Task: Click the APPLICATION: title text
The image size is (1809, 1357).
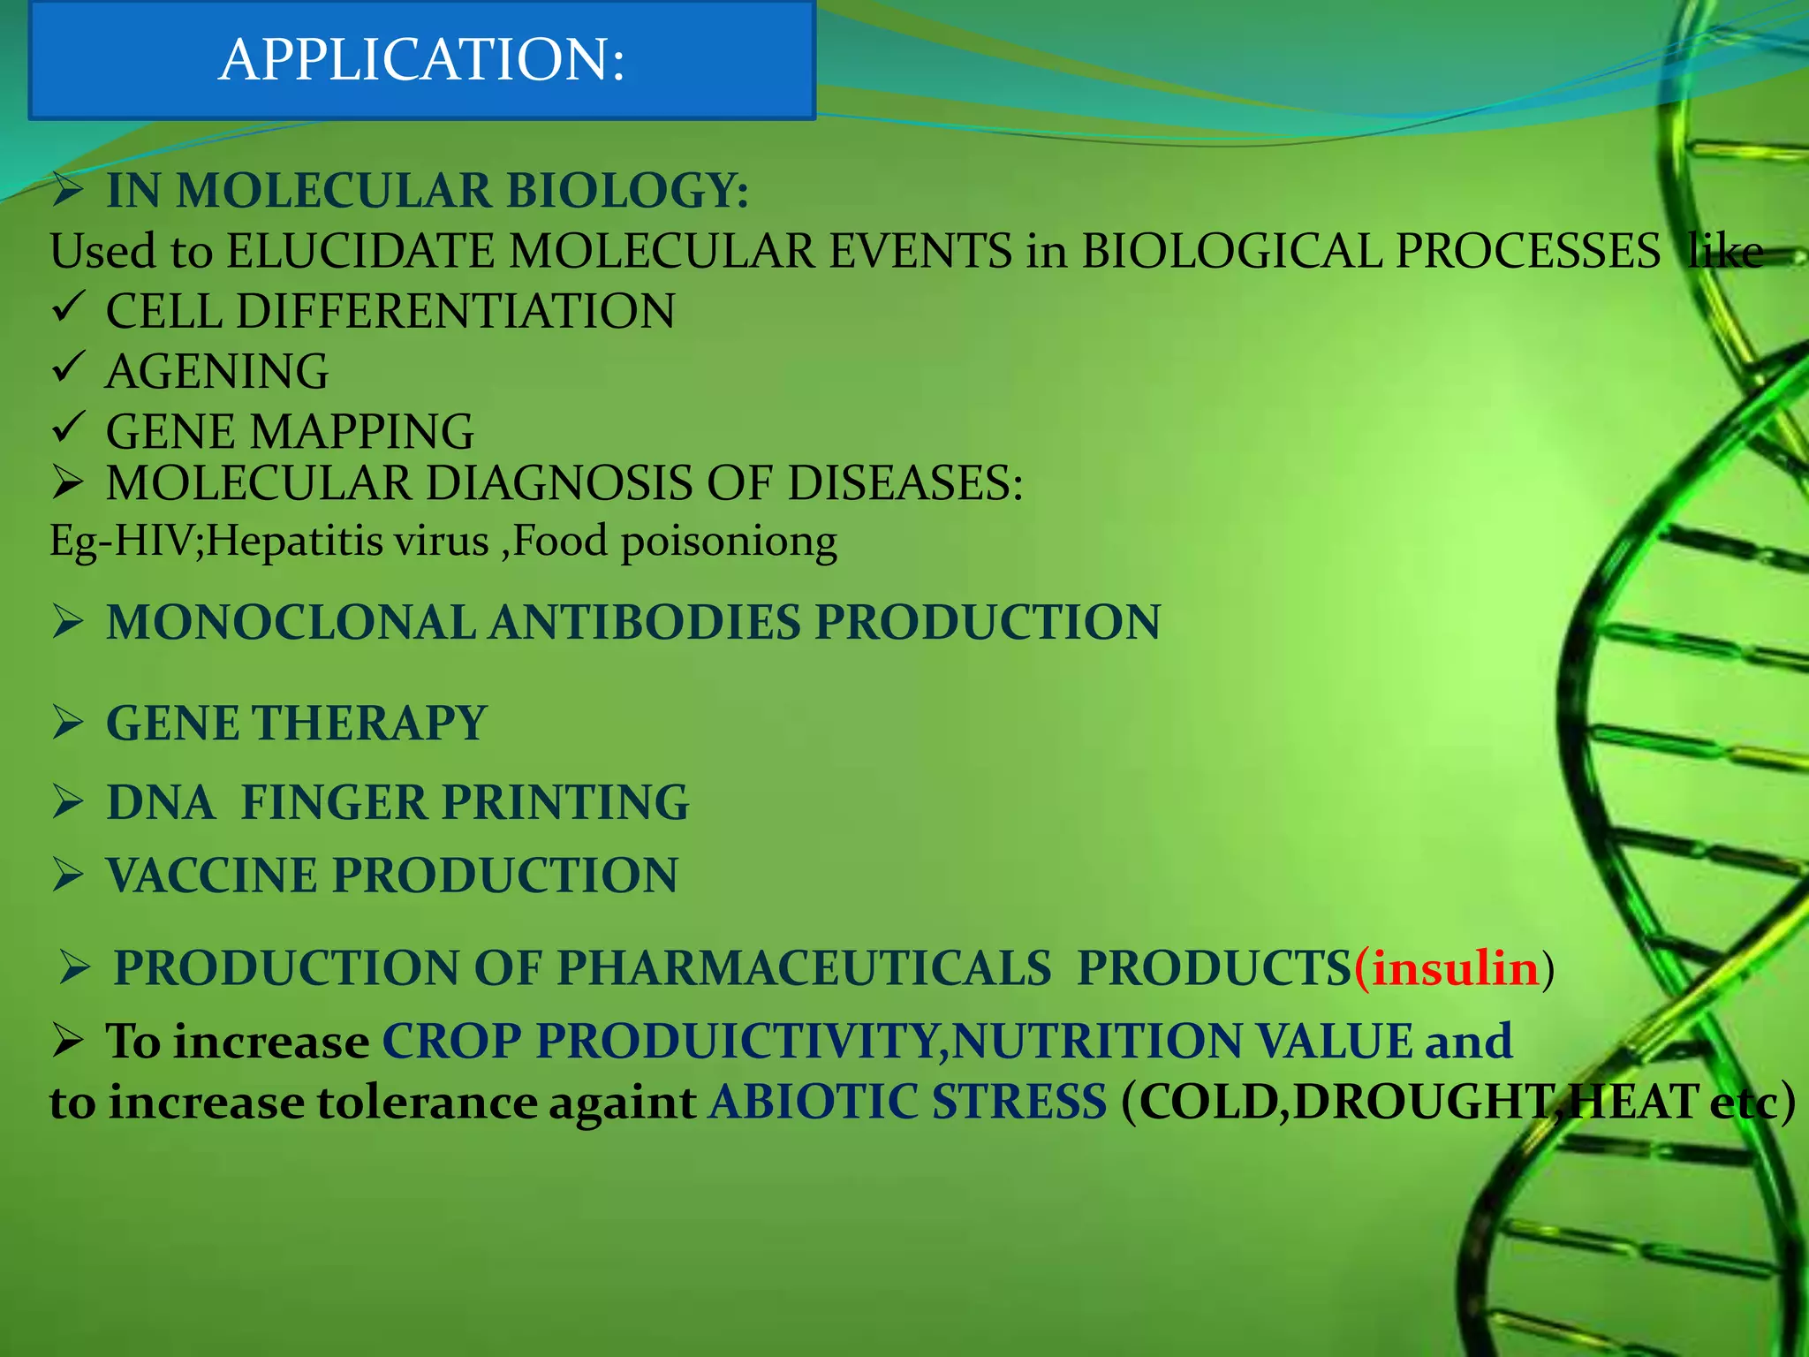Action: pos(421,60)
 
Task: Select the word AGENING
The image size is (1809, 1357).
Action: pos(216,371)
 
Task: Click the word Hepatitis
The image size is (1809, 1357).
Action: pos(296,540)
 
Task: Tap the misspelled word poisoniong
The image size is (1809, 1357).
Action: pos(729,542)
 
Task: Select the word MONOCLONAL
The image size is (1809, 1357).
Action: pos(291,622)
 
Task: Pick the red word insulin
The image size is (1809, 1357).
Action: pos(1456,968)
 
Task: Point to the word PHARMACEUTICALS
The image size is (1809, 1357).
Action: pos(803,968)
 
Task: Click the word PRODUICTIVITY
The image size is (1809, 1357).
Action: pos(736,1041)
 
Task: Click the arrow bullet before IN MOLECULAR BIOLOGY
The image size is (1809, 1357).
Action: pos(67,189)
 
